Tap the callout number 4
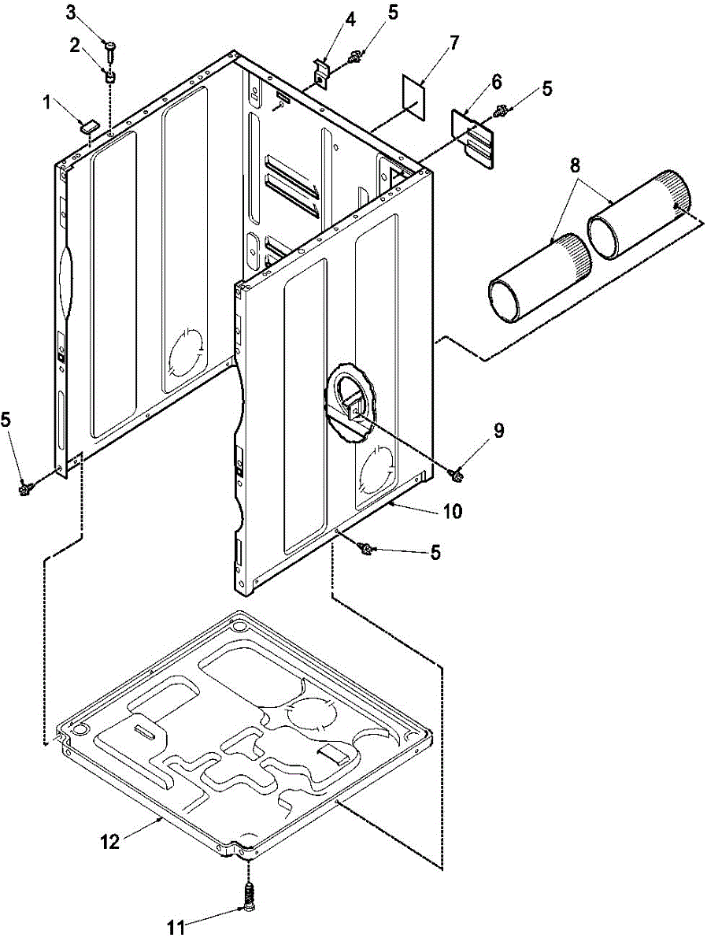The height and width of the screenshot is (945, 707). coord(328,17)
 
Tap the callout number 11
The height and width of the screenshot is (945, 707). coord(179,928)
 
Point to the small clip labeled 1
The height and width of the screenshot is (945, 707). coord(87,123)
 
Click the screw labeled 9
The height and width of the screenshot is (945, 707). coord(454,473)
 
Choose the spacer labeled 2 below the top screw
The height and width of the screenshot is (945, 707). coord(110,76)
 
